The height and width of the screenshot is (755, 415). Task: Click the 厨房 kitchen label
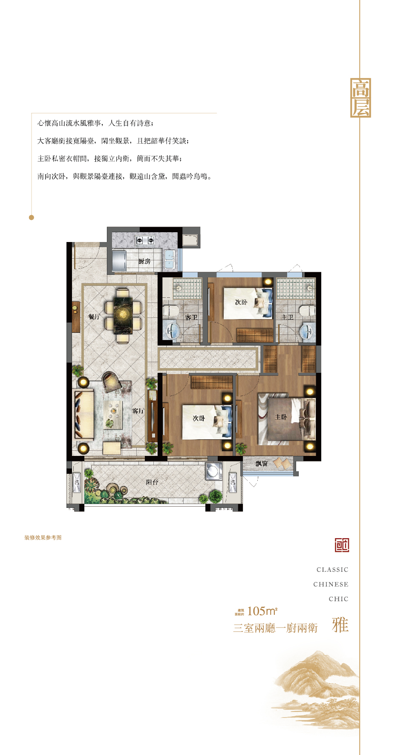[x=144, y=261]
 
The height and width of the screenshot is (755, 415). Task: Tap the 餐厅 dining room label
[x=94, y=317]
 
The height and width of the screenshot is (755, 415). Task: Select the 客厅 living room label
[x=138, y=411]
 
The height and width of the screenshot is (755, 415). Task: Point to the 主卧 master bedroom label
[x=281, y=417]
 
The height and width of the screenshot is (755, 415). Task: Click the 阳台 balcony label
[x=152, y=482]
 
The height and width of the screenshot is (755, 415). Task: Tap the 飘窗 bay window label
[x=262, y=463]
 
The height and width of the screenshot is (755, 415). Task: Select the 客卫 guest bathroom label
[x=191, y=317]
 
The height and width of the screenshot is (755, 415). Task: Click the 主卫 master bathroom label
[x=288, y=317]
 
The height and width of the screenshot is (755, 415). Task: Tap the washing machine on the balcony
[x=213, y=471]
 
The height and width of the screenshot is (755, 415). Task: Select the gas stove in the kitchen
[x=145, y=241]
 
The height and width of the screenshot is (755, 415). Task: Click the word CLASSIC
[x=332, y=570]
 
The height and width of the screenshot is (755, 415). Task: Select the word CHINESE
[x=331, y=584]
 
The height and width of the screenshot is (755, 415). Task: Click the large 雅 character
[x=340, y=625]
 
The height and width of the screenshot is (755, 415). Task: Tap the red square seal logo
[x=342, y=545]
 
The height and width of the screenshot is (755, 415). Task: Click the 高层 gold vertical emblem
[x=360, y=98]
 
